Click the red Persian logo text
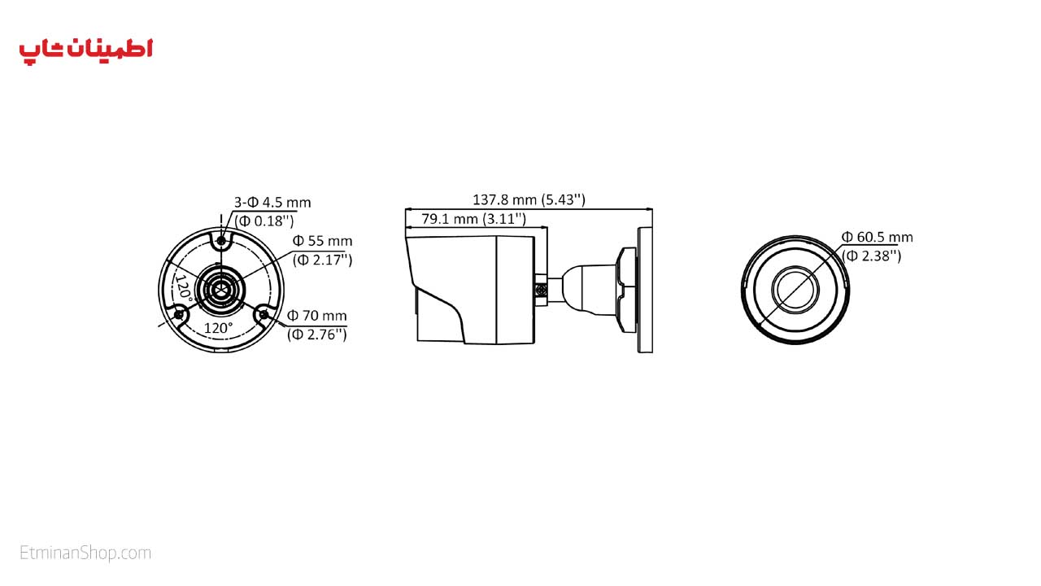85,50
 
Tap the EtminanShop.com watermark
85,553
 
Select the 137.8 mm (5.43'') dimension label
529,199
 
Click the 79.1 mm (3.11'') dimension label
473,219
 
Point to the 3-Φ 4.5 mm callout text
272,203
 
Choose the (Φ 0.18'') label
264,221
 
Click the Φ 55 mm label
322,241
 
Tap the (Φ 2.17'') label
322,260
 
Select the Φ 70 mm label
317,316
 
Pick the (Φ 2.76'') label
317,335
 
